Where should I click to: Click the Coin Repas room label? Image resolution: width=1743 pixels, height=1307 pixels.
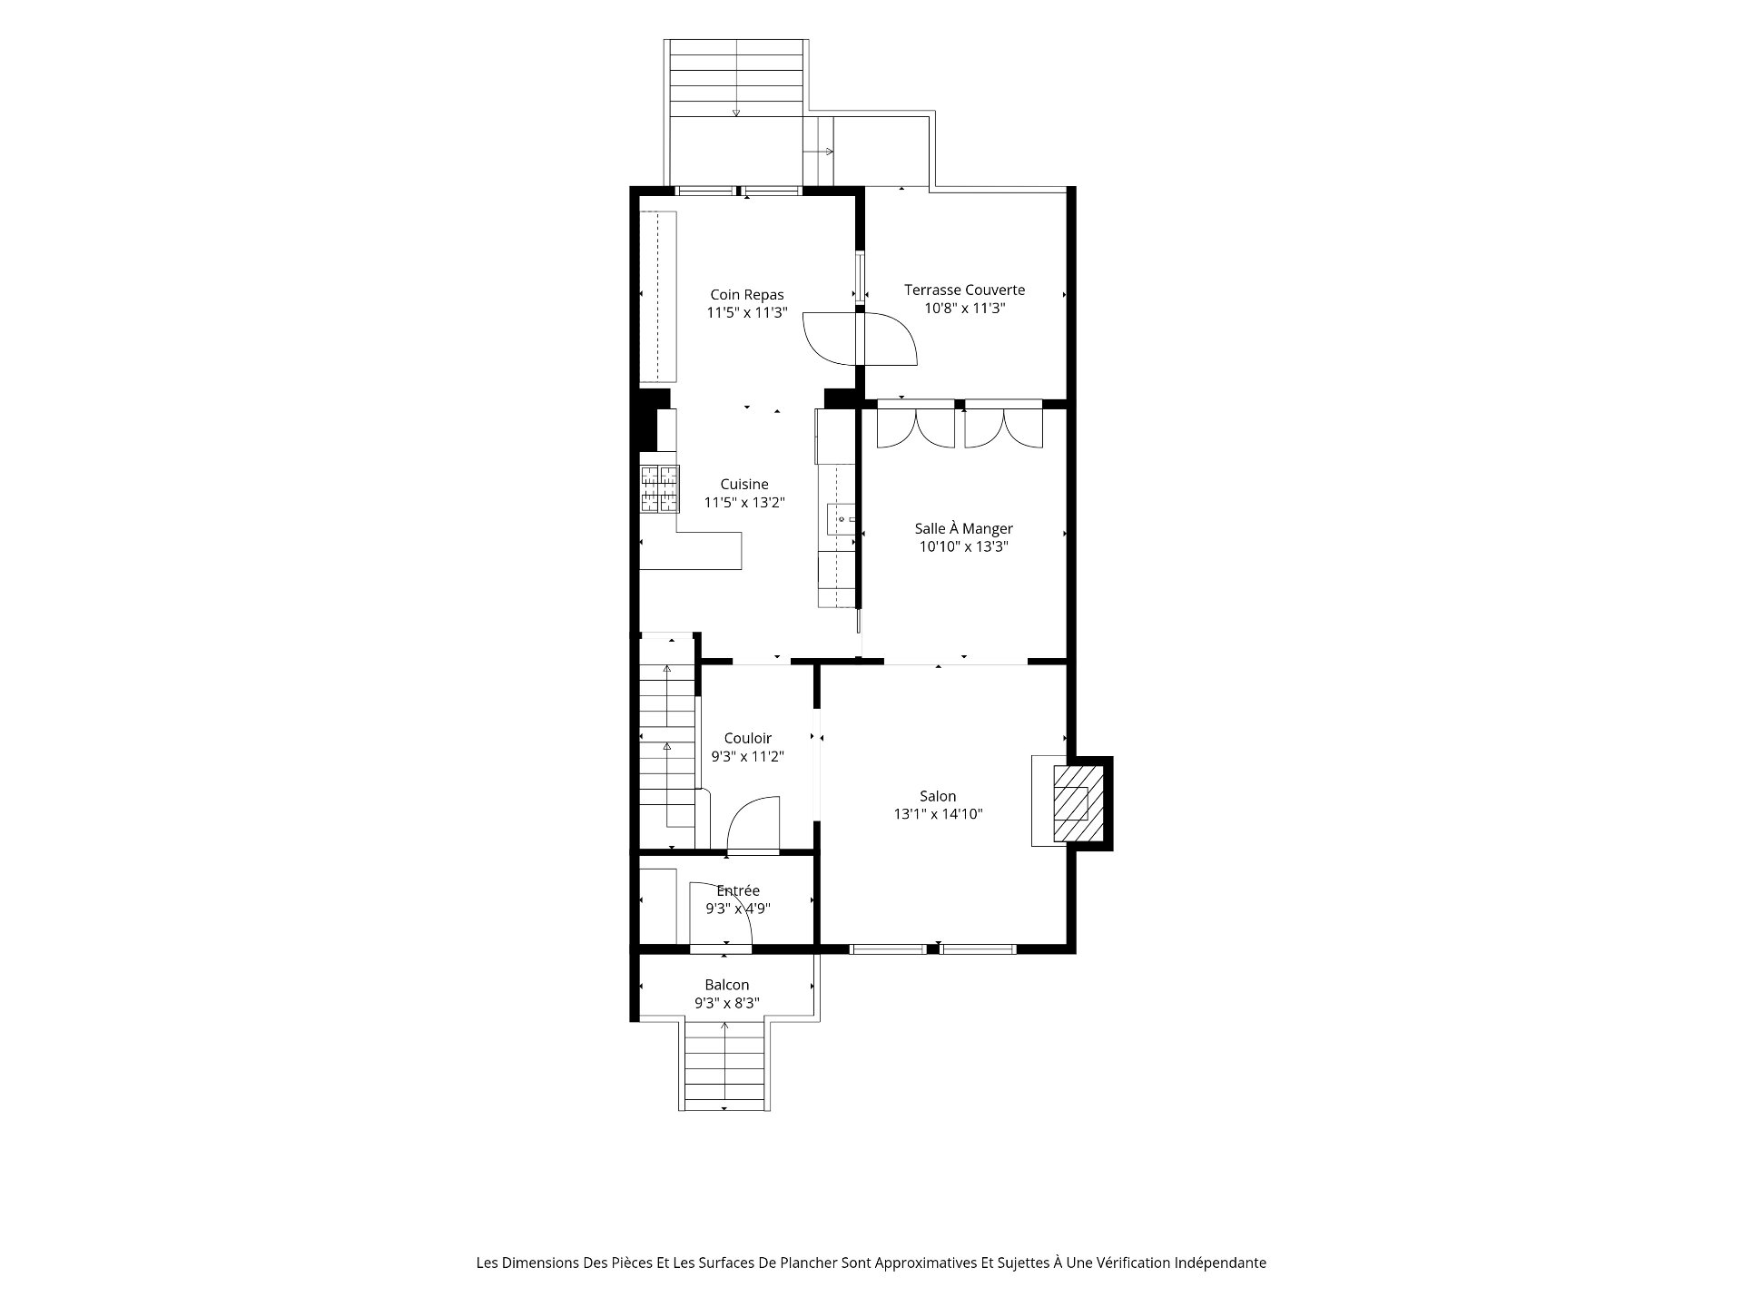747,295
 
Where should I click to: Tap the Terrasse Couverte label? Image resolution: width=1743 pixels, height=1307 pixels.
964,290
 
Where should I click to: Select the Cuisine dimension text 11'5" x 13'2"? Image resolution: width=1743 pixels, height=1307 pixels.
744,503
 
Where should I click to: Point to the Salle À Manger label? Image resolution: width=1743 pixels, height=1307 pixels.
963,529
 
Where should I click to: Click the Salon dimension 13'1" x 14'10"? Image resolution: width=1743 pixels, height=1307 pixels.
938,815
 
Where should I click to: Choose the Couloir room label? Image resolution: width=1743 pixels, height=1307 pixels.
748,739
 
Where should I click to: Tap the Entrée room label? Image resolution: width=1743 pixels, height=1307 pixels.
738,891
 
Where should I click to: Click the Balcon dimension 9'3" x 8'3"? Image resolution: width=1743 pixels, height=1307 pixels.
727,1004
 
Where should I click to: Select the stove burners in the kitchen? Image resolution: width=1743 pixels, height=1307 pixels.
660,488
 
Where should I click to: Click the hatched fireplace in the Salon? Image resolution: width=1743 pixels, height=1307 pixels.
1077,803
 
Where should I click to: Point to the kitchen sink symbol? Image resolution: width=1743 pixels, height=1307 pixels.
841,519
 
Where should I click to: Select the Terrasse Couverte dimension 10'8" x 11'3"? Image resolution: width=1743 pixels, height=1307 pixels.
965,309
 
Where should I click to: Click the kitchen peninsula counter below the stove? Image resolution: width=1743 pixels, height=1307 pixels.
691,550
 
